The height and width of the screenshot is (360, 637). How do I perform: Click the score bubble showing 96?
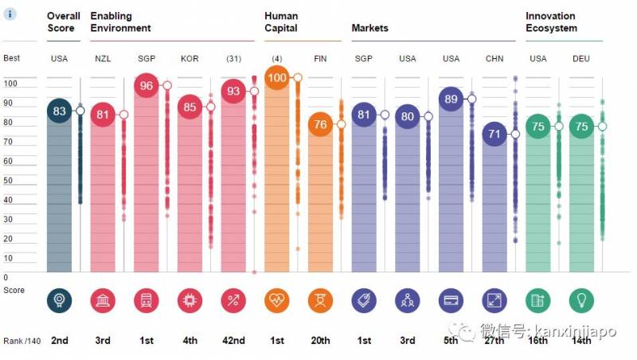(x=146, y=85)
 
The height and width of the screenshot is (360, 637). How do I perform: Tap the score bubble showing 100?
(x=276, y=78)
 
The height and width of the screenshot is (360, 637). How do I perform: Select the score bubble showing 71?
(x=494, y=134)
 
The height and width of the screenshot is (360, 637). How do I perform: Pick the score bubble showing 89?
(x=451, y=99)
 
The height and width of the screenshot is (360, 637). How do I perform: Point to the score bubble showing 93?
(x=233, y=92)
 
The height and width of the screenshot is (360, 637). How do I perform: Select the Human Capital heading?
(x=281, y=22)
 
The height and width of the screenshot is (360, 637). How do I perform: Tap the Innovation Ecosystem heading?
(x=551, y=22)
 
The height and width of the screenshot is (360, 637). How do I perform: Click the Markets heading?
(x=370, y=28)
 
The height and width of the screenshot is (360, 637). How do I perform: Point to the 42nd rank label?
(x=234, y=341)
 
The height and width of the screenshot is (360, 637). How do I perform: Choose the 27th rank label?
(x=494, y=341)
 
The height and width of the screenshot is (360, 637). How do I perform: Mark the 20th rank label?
(x=320, y=341)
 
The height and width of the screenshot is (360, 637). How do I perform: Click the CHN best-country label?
(x=494, y=59)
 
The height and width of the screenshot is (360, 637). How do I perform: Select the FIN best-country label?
(x=320, y=59)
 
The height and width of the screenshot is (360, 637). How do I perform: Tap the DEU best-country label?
(x=581, y=59)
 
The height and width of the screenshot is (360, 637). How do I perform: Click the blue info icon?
(x=10, y=14)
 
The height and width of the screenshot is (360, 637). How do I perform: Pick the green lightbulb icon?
(x=581, y=299)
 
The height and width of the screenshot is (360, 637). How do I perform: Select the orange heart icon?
(x=276, y=299)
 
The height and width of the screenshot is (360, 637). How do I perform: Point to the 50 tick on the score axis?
(x=9, y=181)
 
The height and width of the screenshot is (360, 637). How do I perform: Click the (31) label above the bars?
(x=233, y=59)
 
